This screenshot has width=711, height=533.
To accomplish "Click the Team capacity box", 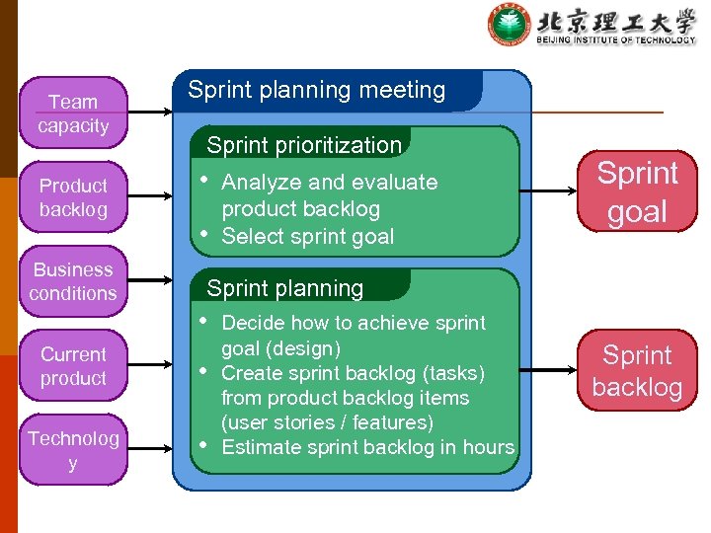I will click(73, 114).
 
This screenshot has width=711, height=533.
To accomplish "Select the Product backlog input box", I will click(73, 197).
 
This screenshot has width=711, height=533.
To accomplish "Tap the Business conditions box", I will click(73, 281).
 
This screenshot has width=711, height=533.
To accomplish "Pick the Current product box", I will click(73, 366).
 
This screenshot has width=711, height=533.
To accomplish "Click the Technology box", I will click(73, 451).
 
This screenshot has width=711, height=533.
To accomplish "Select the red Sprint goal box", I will click(637, 191).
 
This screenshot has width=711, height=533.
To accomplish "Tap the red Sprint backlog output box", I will click(637, 370).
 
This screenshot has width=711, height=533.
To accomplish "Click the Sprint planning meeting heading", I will click(317, 90).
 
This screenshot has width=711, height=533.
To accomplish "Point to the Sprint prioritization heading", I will click(304, 145).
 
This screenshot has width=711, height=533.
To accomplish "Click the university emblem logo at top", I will click(510, 25).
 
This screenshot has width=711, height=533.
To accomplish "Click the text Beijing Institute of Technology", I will click(616, 39).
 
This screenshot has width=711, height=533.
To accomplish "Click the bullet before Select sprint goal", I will click(203, 234).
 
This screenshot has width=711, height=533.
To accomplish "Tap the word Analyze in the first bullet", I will click(259, 182).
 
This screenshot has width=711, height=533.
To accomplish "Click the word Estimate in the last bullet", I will click(258, 447).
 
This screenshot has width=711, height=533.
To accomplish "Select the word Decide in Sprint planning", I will click(251, 323).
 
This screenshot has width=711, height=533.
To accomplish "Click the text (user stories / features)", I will click(327, 422).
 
